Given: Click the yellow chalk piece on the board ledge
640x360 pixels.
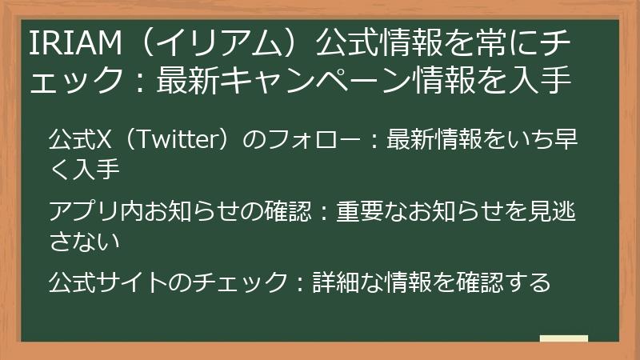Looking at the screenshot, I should point(563,338).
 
